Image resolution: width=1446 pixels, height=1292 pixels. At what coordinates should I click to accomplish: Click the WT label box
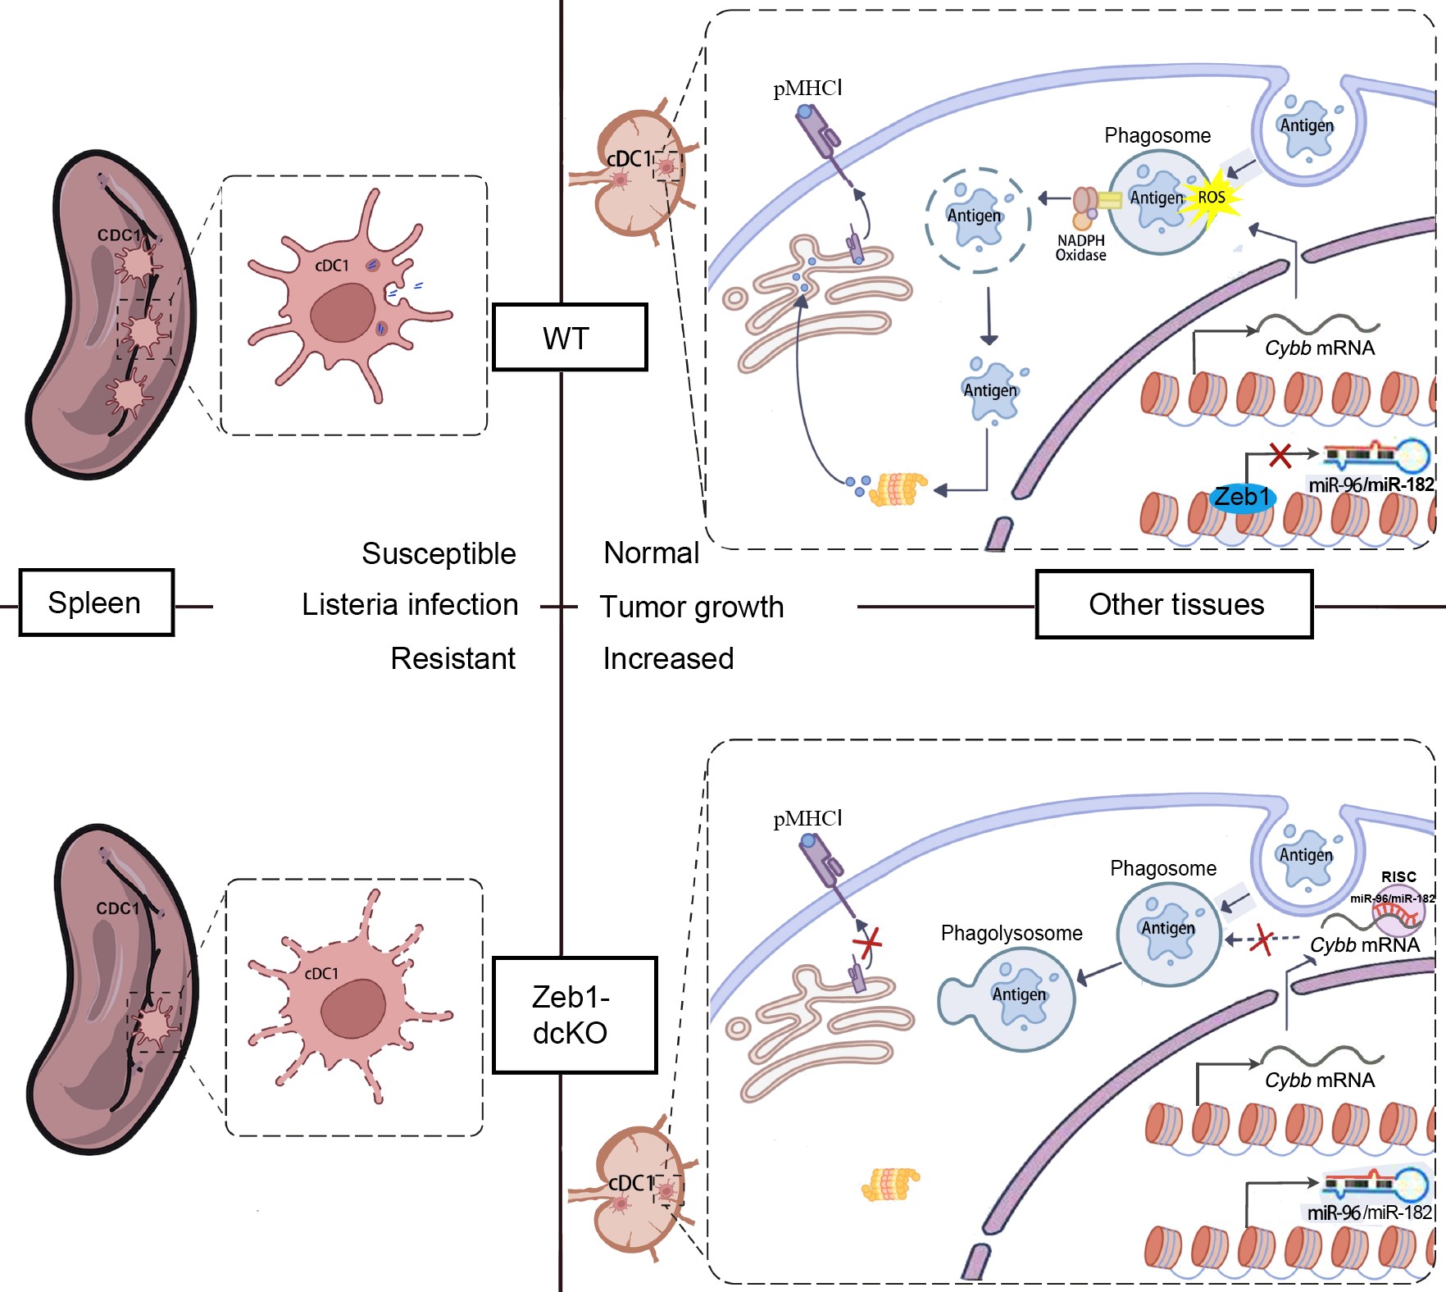click(569, 337)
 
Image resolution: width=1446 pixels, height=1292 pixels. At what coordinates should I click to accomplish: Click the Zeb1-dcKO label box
click(574, 1015)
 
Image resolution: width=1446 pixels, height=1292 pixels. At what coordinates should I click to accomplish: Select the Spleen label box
click(96, 603)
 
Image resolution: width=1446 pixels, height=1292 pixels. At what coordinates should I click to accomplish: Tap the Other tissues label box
click(1174, 604)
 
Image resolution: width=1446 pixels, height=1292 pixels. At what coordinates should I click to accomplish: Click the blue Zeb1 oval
click(1242, 497)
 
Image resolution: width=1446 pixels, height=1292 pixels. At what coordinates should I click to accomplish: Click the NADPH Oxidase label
click(1080, 248)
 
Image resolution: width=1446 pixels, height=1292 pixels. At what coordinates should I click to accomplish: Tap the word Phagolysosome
click(1011, 933)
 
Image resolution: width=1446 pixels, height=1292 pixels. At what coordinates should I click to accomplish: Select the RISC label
click(1398, 876)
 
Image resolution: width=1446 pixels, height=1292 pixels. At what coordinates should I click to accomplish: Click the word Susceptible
click(439, 553)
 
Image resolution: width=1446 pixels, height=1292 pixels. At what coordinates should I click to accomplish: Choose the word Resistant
click(452, 658)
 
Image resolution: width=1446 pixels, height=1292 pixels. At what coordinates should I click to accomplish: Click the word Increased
click(668, 658)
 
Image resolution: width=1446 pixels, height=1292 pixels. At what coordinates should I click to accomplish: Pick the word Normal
click(651, 553)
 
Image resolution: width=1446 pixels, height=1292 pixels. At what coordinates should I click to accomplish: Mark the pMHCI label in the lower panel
click(807, 818)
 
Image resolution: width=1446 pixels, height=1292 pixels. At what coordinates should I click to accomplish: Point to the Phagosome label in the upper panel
click(1157, 135)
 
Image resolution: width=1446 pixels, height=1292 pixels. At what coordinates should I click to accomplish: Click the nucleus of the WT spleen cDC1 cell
click(343, 312)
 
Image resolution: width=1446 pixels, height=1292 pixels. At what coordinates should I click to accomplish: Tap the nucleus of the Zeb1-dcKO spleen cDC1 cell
click(353, 1010)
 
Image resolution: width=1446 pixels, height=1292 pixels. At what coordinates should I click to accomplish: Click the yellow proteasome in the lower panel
click(890, 1184)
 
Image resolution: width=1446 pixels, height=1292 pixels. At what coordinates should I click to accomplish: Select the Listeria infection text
click(409, 605)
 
